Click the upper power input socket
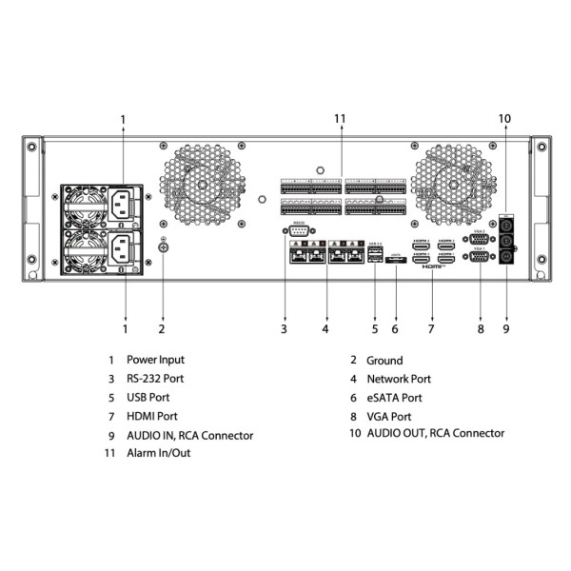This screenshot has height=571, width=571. coord(123,202)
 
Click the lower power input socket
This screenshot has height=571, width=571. coord(123,250)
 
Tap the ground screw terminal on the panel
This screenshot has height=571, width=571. coord(162,248)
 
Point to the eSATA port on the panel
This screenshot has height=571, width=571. coord(396,259)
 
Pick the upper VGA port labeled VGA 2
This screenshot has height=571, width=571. coord(481,240)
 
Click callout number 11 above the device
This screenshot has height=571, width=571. coord(340,118)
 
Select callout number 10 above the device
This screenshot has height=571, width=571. coord(504,118)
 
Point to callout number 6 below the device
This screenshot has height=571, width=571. coord(395,329)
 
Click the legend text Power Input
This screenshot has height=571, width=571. coord(155,360)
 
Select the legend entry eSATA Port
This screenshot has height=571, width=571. coord(394,398)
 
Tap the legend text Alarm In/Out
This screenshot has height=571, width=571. coord(158,453)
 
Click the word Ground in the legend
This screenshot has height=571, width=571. coord(384,361)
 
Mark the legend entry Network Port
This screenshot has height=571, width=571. coord(399,379)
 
